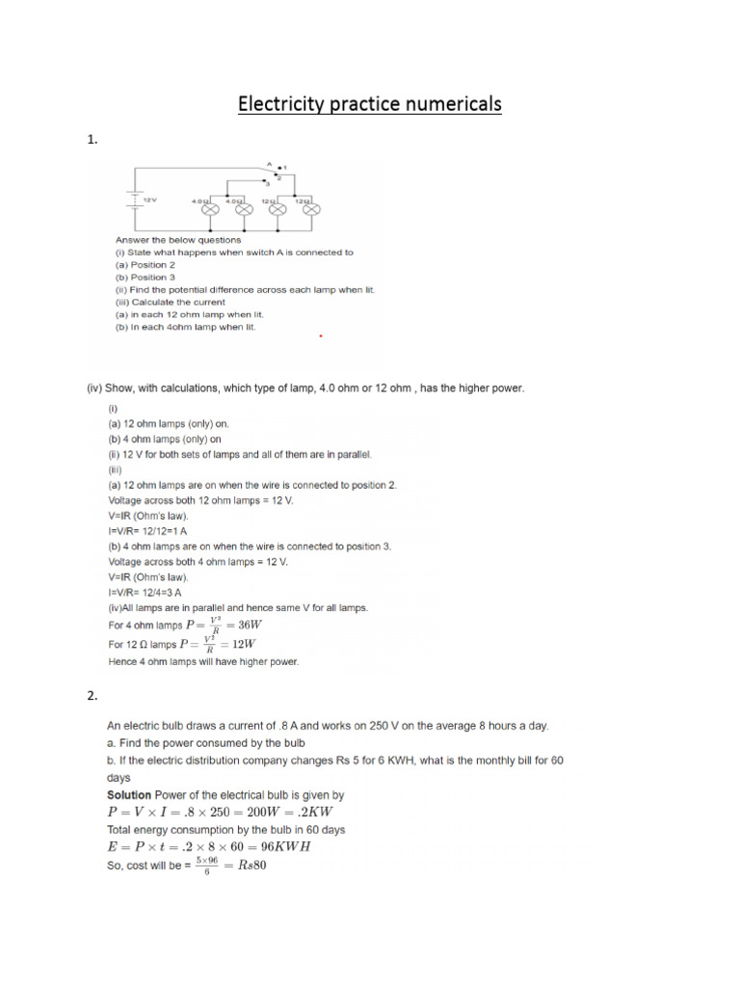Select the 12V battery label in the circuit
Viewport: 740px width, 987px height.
149,200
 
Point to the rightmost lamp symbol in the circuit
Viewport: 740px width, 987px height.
311,208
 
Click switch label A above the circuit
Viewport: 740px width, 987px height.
269,164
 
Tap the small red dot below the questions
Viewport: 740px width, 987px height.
320,337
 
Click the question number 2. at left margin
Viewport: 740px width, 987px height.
92,694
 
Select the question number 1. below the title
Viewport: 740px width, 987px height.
92,140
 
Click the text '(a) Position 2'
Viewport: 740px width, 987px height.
145,265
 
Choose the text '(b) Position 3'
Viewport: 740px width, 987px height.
145,278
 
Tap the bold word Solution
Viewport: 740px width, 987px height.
129,795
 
